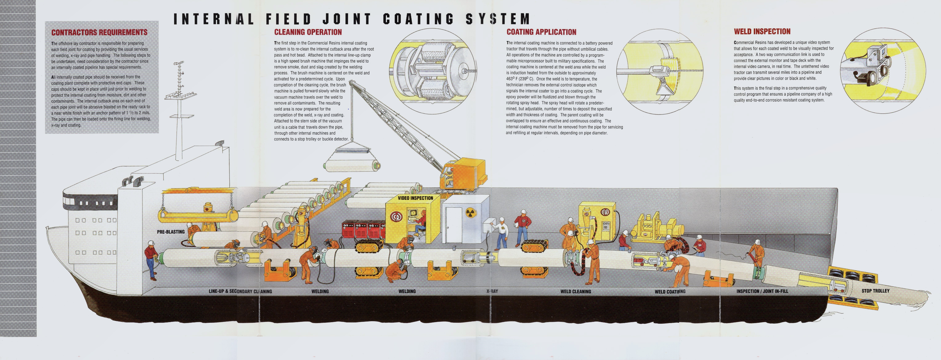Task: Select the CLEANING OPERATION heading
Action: click(x=308, y=32)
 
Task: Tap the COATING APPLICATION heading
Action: click(x=541, y=32)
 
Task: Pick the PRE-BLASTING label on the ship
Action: click(x=171, y=232)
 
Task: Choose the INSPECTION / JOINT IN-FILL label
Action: click(x=762, y=291)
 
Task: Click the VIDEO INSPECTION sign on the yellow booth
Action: click(x=415, y=198)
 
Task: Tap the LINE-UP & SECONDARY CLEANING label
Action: click(x=240, y=291)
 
